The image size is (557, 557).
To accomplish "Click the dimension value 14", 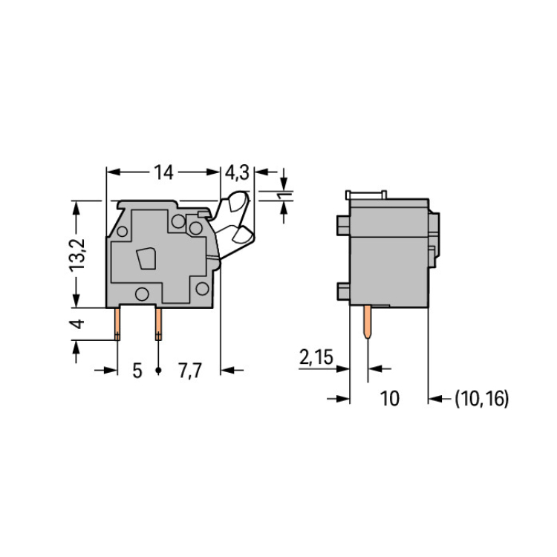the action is [163, 172].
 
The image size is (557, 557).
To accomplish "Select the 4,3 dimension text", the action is [238, 173].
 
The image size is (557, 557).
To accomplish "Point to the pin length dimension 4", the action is [77, 324].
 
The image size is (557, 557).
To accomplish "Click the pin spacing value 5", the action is [137, 371].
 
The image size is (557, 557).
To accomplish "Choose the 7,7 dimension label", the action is [190, 371].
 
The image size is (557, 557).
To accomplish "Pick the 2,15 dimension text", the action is [316, 357].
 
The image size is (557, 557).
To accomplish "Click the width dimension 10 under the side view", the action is [390, 398].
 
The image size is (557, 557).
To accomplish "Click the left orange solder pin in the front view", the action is [117, 325].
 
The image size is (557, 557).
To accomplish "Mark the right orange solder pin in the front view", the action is [158, 325].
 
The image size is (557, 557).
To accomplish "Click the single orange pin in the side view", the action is [368, 322].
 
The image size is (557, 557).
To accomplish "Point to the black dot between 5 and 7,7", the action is [158, 371].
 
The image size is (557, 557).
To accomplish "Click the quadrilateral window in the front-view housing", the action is [146, 258].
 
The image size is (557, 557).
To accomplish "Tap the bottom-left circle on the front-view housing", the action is [142, 294].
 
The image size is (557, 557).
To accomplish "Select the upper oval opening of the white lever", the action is [238, 202].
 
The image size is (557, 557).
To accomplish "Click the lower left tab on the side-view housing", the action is [343, 291].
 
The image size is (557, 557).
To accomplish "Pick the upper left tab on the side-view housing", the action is [343, 226].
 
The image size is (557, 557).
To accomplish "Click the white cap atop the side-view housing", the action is [366, 195].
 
